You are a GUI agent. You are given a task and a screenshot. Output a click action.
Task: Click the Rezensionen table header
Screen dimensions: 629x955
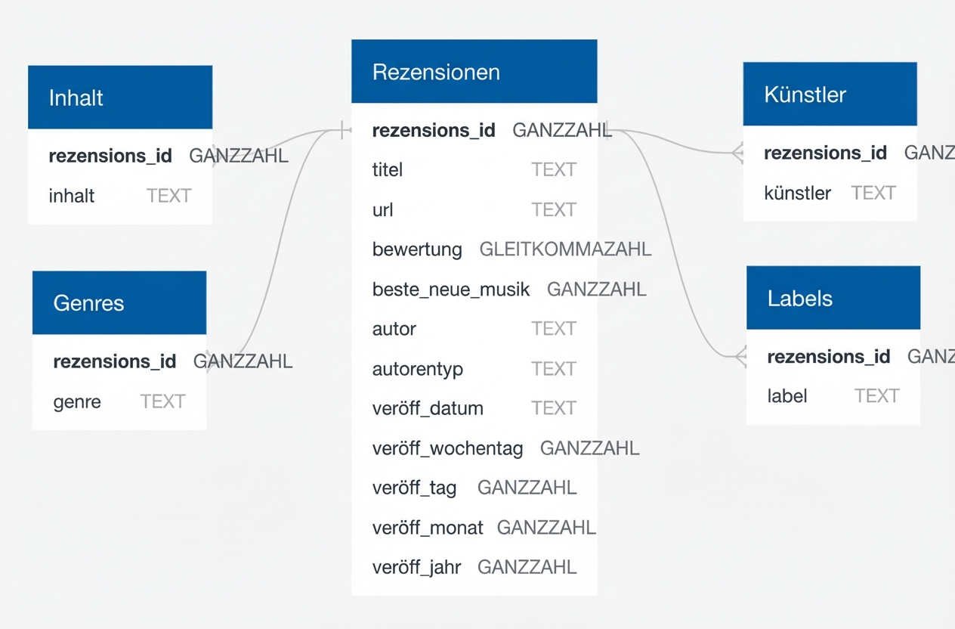coord(474,72)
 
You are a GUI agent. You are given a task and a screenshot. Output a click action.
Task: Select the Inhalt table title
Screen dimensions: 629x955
coord(76,98)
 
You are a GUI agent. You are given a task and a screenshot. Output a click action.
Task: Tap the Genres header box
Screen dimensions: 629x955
coord(119,303)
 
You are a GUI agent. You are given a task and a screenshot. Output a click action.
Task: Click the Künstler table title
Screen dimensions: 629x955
coord(805,95)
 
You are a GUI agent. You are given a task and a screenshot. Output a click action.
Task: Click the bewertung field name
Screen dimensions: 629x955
coord(417,249)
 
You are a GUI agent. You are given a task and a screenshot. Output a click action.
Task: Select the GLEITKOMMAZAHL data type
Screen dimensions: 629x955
coord(565,249)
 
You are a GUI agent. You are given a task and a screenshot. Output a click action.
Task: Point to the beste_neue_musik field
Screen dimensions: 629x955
coord(451,290)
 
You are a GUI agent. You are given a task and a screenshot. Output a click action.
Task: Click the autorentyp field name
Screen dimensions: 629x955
coord(418,370)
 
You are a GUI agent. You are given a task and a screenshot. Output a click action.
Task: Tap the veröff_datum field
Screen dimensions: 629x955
coord(428,409)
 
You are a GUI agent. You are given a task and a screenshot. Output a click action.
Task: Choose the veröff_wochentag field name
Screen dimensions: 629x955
coord(447,448)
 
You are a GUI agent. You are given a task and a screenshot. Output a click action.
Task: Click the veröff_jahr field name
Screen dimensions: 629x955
coord(416,567)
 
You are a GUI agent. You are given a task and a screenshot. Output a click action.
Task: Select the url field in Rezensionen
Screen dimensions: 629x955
coord(383,210)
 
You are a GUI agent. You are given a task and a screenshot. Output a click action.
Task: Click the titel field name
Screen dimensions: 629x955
coord(388,170)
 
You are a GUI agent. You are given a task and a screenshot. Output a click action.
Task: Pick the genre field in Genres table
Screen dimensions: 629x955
coord(77,401)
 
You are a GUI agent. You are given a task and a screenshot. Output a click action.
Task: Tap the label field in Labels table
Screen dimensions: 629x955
coord(787,396)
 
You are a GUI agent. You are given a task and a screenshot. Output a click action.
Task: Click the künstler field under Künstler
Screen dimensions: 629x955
coord(797,194)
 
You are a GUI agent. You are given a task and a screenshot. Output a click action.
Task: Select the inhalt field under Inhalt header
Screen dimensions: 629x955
coord(72,197)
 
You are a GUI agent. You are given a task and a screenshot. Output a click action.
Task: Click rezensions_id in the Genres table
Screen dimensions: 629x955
coord(115,361)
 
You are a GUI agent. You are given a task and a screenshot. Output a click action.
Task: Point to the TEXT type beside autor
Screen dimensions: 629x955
coord(553,329)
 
